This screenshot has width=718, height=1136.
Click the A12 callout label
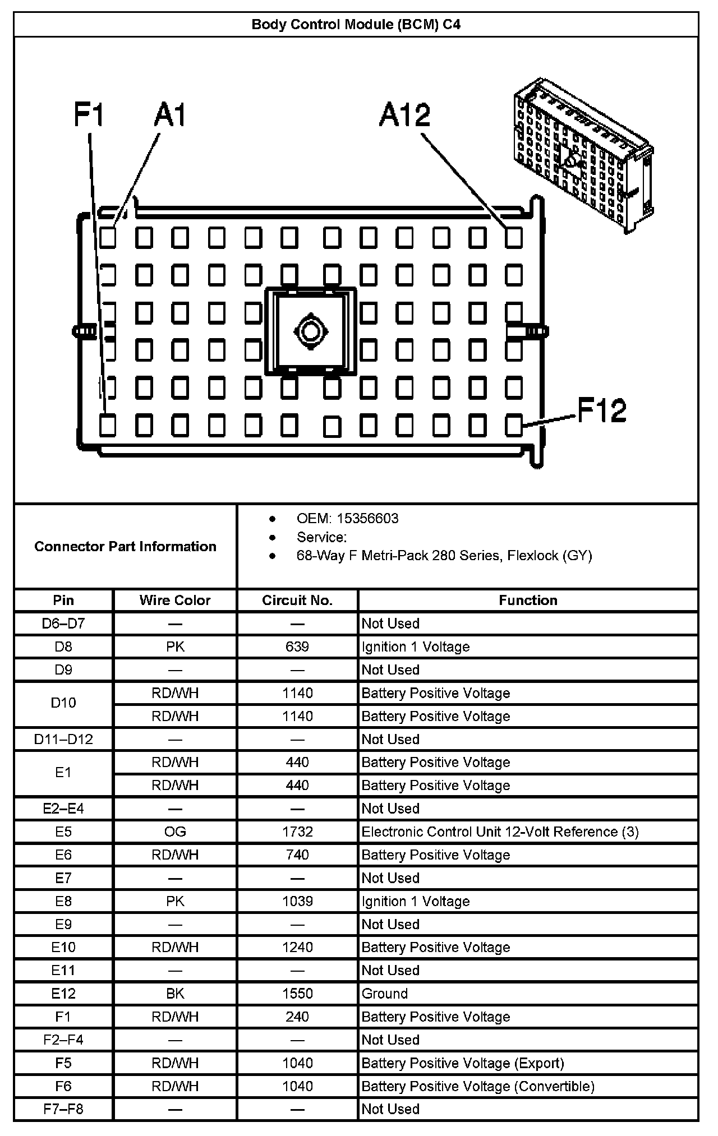pos(404,115)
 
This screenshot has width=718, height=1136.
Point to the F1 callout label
pos(89,115)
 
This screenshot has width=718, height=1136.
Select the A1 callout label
pos(170,115)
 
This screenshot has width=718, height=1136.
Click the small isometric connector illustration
pos(583,154)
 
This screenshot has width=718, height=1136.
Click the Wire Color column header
pos(175,601)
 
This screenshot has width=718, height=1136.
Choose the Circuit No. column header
pos(297,601)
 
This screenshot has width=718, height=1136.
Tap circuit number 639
pos(297,646)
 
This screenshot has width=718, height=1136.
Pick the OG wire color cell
pos(175,832)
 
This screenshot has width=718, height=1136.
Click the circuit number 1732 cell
pos(297,832)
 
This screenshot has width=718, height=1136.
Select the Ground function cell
pos(385,994)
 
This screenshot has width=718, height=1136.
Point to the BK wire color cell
pos(175,994)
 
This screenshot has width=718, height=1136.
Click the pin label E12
pos(63,994)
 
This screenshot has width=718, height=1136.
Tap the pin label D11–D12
pos(63,739)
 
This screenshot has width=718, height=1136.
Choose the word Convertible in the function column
pos(555,1086)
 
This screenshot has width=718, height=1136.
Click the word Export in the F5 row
pos(540,1063)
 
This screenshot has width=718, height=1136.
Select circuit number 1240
pos(297,947)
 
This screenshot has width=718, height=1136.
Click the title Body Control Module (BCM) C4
pos(356,25)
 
